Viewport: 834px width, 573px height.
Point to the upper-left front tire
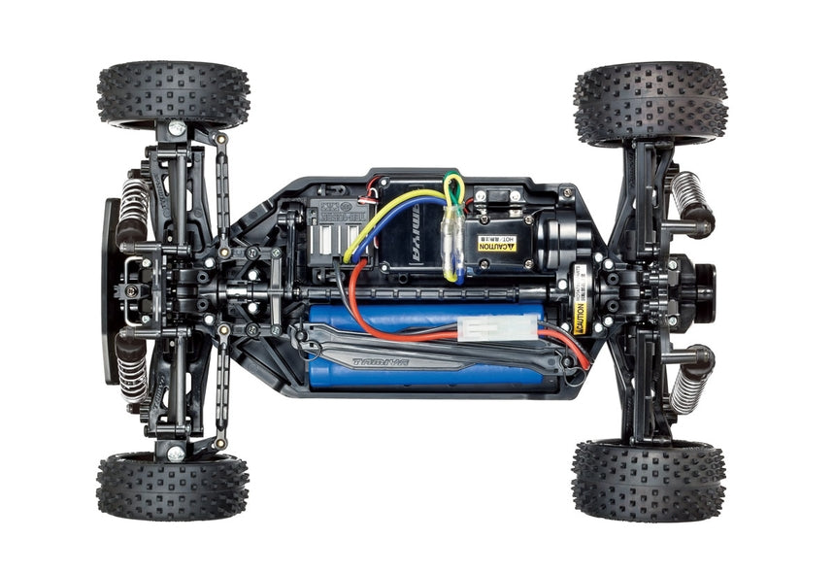pos(173,93)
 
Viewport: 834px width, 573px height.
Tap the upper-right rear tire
pos(651,102)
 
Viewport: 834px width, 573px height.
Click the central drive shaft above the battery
pos(417,290)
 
